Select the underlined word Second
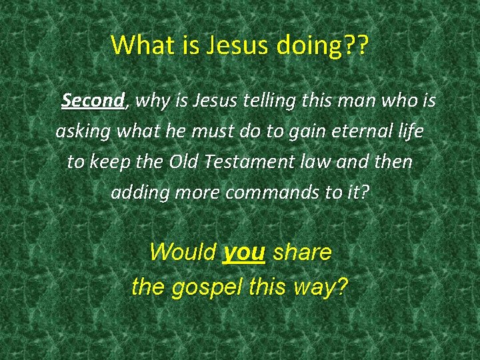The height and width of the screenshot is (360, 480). point(93,101)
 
